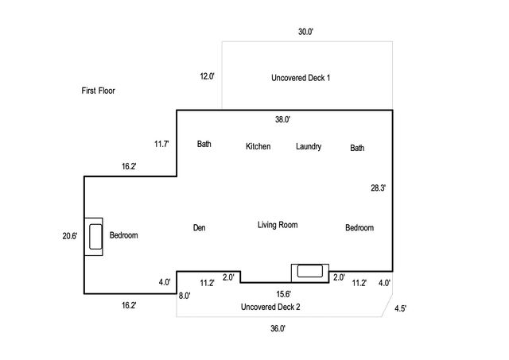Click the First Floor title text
(99, 91)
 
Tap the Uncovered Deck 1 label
(301, 78)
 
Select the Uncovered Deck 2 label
(270, 307)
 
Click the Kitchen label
(258, 146)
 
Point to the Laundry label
(308, 146)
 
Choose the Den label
(200, 228)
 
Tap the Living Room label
(278, 225)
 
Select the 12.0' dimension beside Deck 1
(207, 76)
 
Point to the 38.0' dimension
(282, 119)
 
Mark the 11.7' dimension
(161, 144)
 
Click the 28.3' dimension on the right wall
(379, 188)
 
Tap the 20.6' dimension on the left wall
(71, 235)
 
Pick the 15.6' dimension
(283, 294)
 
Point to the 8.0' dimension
(184, 296)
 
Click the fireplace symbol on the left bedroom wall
(95, 235)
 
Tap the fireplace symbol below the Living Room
(309, 271)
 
